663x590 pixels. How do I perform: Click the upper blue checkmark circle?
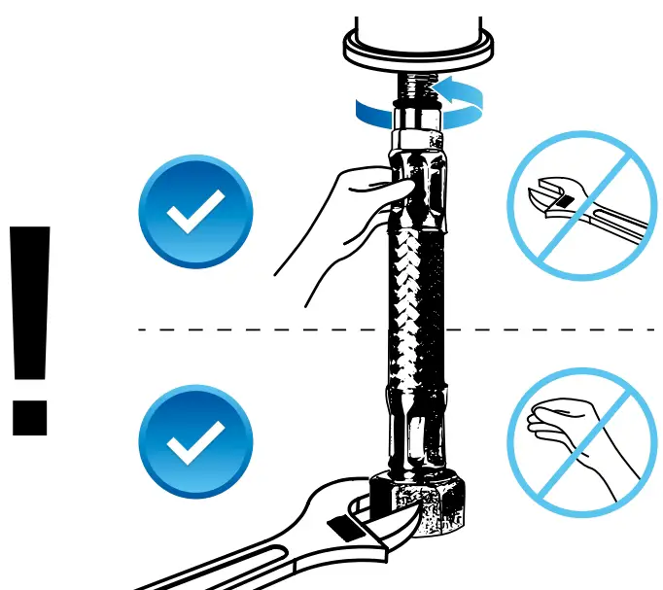click(195, 210)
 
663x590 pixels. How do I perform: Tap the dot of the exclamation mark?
click(29, 415)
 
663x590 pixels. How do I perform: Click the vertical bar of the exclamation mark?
click(29, 301)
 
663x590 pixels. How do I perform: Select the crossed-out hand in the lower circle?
click(574, 433)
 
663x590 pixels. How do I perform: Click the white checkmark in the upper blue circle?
click(195, 208)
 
